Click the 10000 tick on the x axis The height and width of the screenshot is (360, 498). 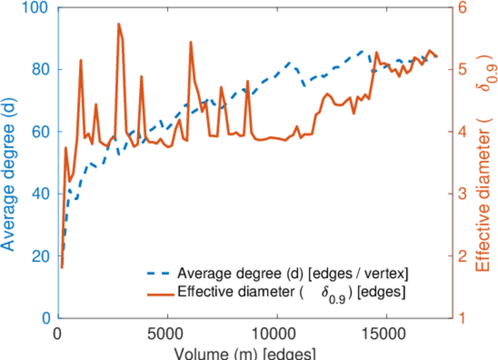tap(276, 332)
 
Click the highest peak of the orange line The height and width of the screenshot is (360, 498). tap(118, 24)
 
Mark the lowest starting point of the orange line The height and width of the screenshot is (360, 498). tap(62, 268)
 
